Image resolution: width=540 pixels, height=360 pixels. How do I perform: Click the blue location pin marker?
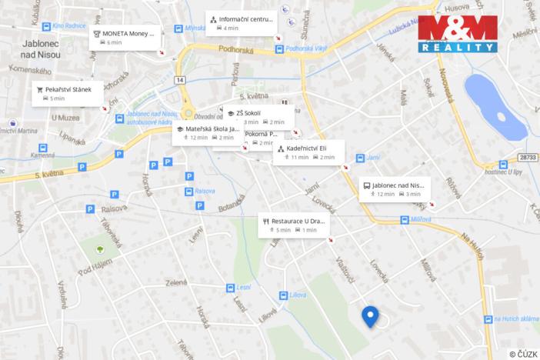point(371,315)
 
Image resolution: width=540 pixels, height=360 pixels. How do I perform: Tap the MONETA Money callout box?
point(125,36)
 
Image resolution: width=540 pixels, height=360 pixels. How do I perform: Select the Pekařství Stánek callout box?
point(68,93)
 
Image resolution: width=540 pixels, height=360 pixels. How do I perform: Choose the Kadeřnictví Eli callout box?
point(308,152)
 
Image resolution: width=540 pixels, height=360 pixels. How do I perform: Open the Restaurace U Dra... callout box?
point(294,225)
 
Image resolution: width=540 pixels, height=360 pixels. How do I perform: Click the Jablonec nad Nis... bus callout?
point(393,188)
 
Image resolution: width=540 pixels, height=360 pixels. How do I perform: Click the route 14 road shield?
point(179,79)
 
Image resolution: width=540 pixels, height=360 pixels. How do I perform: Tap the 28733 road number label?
point(526,156)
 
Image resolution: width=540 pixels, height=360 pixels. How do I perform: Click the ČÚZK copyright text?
point(523,353)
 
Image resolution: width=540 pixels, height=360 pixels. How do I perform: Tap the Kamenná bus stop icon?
point(43,148)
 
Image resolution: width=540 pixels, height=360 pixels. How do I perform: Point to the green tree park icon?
point(100,249)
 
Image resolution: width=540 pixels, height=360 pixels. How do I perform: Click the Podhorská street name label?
point(235,50)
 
